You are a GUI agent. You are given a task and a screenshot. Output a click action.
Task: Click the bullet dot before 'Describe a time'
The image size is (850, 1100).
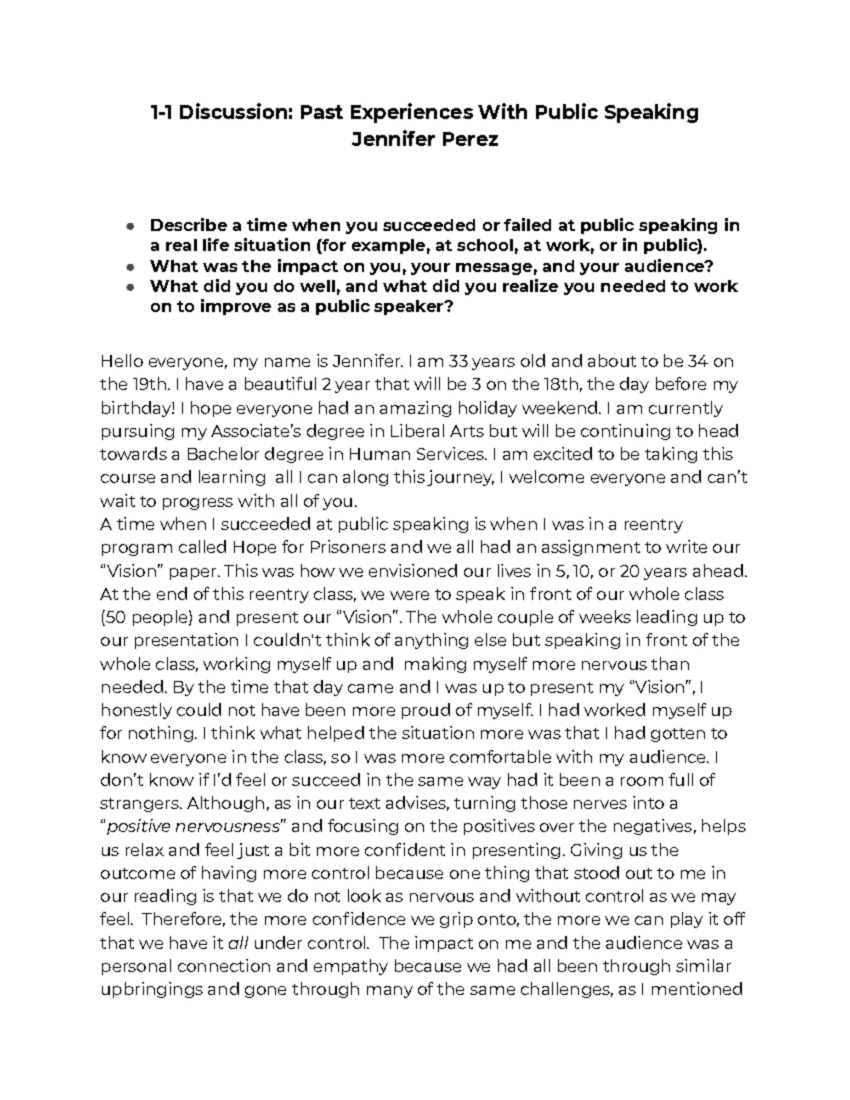tap(129, 227)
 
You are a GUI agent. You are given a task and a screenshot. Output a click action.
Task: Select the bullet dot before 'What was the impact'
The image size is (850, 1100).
tap(129, 267)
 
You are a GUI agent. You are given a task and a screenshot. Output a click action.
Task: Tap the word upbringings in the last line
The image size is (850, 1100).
tap(150, 990)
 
